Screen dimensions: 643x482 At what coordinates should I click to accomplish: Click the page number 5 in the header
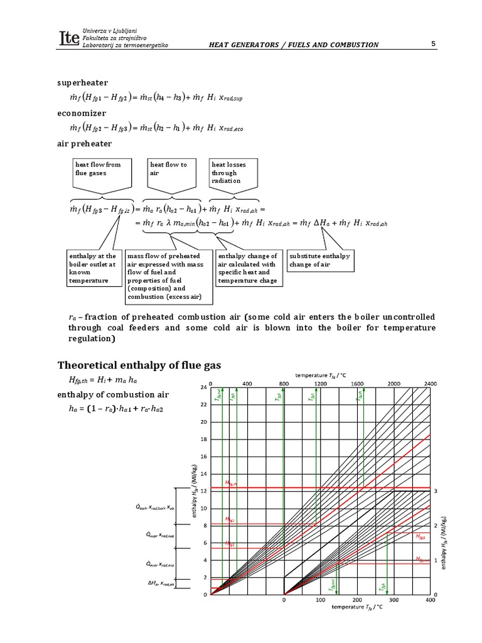[x=434, y=43]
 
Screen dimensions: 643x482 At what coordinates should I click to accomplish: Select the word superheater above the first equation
[x=83, y=83]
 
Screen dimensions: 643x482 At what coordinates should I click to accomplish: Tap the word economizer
[x=82, y=113]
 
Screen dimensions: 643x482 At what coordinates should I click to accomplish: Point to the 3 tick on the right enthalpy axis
[x=436, y=490]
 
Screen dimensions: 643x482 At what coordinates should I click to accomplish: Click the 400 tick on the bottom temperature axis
[x=430, y=600]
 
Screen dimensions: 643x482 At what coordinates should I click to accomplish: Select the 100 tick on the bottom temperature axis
[x=320, y=600]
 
